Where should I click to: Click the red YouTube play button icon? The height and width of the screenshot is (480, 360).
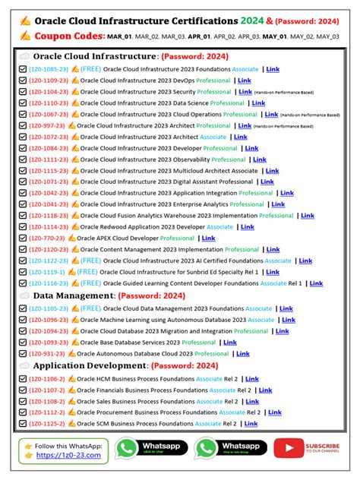(x=287, y=449)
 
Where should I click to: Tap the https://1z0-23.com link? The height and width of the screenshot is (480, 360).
(x=62, y=455)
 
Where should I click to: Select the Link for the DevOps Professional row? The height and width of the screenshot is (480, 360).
(x=244, y=81)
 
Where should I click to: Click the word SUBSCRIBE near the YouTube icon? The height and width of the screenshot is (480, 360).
(x=323, y=446)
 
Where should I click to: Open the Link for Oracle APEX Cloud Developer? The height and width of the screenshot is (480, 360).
(x=208, y=238)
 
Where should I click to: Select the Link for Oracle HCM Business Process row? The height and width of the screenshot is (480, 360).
(x=251, y=379)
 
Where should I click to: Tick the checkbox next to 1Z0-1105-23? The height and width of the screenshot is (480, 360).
(x=24, y=309)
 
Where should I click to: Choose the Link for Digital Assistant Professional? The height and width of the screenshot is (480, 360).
(x=267, y=182)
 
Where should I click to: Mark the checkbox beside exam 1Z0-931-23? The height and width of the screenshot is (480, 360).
(x=24, y=353)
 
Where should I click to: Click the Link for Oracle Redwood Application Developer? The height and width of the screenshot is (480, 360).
(x=247, y=226)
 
